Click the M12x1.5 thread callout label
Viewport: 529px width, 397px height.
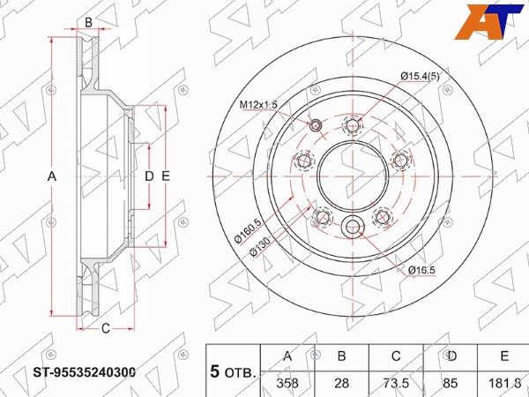[x=258, y=105]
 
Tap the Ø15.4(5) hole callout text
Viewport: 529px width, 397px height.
[x=420, y=76]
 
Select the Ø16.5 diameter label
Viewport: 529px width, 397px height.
[x=421, y=270]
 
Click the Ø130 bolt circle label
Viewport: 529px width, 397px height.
[x=260, y=247]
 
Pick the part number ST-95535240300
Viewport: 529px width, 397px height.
[x=85, y=372]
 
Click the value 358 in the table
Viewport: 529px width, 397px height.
[x=287, y=383]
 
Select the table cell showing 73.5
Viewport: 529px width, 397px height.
[x=396, y=383]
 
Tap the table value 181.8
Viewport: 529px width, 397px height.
[x=504, y=383]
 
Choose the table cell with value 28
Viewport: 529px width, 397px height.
[x=342, y=383]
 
